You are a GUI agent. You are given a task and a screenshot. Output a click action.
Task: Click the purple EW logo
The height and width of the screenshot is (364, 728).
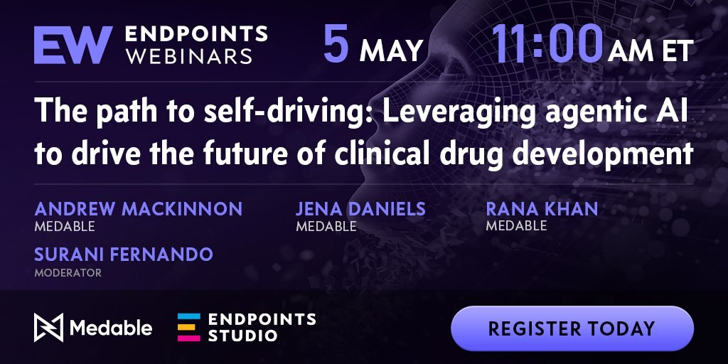(x=73, y=45)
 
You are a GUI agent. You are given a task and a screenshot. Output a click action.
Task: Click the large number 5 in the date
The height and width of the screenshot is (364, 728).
(x=336, y=44)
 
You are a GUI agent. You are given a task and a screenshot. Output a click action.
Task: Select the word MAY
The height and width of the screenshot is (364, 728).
(x=392, y=50)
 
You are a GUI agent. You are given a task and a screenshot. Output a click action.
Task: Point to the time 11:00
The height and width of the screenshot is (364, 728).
(x=547, y=44)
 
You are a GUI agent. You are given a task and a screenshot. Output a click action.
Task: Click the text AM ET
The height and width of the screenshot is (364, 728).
(x=651, y=50)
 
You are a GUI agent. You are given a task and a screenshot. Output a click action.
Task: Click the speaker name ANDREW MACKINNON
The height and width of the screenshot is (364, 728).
(x=139, y=209)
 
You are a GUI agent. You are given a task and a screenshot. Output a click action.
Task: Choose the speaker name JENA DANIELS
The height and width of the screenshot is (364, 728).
(x=360, y=209)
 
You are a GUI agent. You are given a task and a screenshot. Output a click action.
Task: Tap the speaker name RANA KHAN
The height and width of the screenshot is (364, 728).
(x=542, y=209)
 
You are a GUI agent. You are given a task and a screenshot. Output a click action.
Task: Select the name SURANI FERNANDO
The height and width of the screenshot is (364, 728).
(x=124, y=254)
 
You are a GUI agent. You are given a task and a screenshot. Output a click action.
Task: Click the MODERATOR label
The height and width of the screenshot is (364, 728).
(x=68, y=272)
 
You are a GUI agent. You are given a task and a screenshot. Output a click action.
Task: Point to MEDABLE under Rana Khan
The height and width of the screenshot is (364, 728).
(x=516, y=226)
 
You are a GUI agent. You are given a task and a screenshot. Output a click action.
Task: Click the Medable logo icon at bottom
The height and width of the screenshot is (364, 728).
(x=48, y=327)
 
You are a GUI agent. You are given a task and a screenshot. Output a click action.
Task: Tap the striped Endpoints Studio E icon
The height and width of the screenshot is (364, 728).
(x=189, y=327)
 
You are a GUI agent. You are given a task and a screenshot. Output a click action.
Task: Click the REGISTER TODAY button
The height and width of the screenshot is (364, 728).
(x=572, y=328)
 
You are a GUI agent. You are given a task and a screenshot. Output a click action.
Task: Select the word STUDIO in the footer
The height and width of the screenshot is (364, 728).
(x=242, y=336)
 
